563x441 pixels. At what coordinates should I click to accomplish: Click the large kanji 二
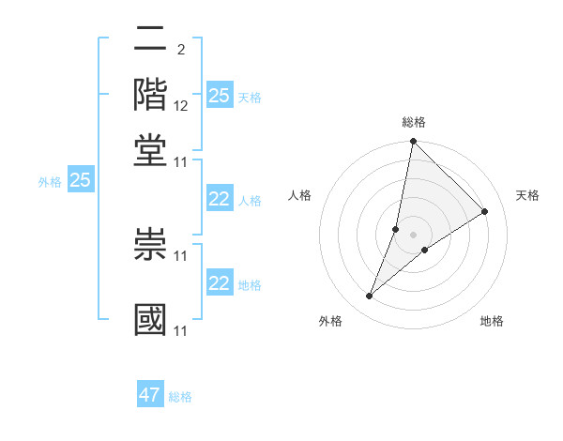pyautogui.click(x=151, y=40)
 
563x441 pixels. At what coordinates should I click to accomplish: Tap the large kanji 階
pyautogui.click(x=151, y=94)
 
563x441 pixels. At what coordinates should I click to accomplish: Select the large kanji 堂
pyautogui.click(x=151, y=148)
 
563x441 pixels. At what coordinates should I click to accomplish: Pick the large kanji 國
pyautogui.click(x=151, y=319)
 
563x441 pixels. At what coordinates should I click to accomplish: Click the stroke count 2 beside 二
pyautogui.click(x=180, y=49)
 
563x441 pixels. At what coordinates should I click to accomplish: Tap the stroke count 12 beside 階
pyautogui.click(x=181, y=105)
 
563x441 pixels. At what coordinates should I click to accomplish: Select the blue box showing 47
pyautogui.click(x=150, y=395)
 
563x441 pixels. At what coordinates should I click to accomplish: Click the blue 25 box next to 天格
pyautogui.click(x=220, y=95)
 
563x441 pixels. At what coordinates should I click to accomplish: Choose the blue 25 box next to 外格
pyautogui.click(x=80, y=180)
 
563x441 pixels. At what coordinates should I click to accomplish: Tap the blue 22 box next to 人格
pyautogui.click(x=220, y=199)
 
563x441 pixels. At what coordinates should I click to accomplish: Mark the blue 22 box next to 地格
pyautogui.click(x=220, y=283)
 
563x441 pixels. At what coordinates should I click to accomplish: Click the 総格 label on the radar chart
pyautogui.click(x=413, y=122)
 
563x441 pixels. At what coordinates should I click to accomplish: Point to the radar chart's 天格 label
pyautogui.click(x=527, y=195)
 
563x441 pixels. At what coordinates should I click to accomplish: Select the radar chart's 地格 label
pyautogui.click(x=492, y=321)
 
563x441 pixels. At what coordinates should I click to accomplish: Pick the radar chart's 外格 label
pyautogui.click(x=330, y=321)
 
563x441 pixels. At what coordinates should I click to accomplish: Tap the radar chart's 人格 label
pyautogui.click(x=300, y=195)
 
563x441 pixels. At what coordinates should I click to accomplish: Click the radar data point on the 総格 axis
pyautogui.click(x=413, y=143)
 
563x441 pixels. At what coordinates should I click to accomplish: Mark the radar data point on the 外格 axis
pyautogui.click(x=370, y=297)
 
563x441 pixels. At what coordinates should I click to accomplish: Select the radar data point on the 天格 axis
pyautogui.click(x=485, y=212)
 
